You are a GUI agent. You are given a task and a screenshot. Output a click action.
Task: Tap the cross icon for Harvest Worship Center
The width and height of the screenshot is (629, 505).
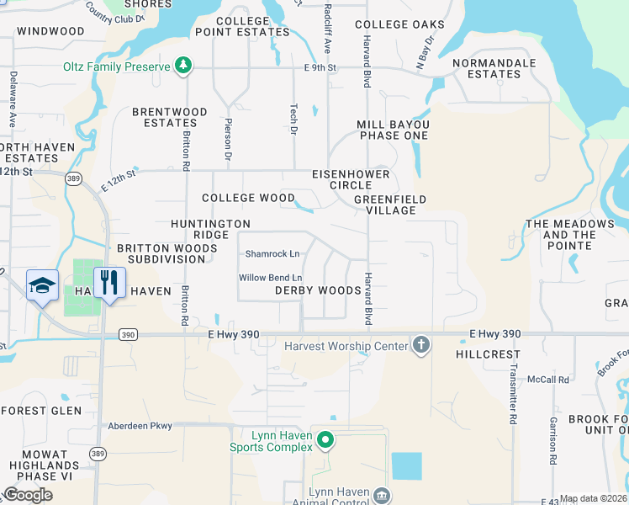click(x=421, y=345)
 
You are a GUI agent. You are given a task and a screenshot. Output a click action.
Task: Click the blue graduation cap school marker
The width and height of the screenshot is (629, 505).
click(x=41, y=285)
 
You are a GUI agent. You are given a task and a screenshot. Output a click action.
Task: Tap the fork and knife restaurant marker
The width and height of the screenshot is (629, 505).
click(x=108, y=282)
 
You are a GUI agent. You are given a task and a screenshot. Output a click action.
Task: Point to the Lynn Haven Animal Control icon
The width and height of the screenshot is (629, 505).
click(x=382, y=495)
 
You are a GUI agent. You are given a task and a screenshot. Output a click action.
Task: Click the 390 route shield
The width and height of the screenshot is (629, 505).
click(x=128, y=334)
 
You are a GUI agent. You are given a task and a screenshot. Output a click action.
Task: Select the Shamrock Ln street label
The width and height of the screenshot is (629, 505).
click(x=272, y=253)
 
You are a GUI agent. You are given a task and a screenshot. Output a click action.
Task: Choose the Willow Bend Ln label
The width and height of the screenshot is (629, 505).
click(x=270, y=278)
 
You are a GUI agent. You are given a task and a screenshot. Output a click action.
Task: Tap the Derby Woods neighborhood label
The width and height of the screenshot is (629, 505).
click(x=318, y=290)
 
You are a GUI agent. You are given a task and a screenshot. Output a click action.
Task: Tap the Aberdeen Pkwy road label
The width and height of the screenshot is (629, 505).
click(x=139, y=426)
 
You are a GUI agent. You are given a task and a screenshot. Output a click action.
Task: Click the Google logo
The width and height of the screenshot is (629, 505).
click(x=28, y=495)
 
